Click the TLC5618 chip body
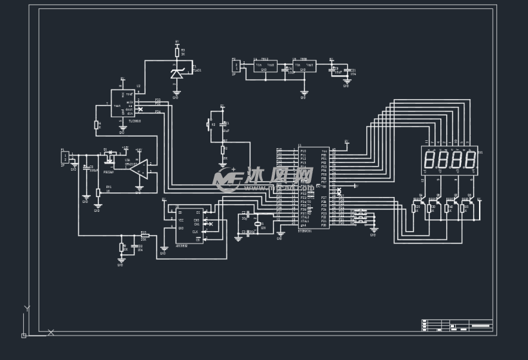pos(123,103)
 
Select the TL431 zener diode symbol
pos(176,73)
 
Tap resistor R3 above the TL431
pos(177,52)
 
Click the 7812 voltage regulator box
pos(265,66)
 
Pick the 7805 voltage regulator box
pos(303,66)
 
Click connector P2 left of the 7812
pos(236,66)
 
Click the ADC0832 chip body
pos(189,225)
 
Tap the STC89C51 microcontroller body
pos(314,187)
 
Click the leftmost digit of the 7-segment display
pos(430,160)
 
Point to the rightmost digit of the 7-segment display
pos(471,160)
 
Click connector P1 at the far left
pos(65,157)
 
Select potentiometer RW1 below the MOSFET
pos(99,192)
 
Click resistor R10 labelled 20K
pos(145,236)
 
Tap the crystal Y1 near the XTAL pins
pos(257,223)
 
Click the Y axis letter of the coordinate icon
pos(26,309)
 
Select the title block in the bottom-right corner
pos(457,325)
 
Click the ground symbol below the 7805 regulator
pos(304,93)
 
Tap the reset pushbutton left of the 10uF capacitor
pos(209,124)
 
